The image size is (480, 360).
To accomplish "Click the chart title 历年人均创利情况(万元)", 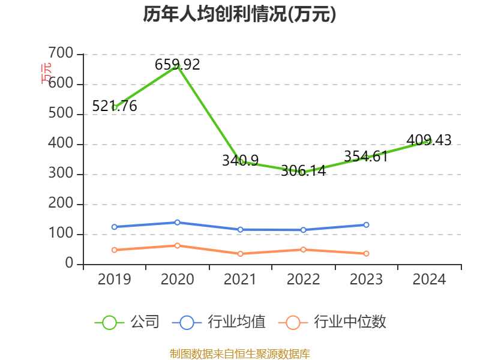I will point(239,14).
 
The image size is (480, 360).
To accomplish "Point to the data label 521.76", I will point(115,106).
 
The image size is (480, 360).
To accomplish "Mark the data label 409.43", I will point(429,140).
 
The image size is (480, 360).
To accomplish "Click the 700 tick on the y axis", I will point(62,55).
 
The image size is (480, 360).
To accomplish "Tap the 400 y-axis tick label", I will point(62,145).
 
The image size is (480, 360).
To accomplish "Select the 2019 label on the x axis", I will point(114,280).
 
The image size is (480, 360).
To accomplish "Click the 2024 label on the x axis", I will point(429,280).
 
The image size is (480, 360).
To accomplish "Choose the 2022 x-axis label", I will point(303,280).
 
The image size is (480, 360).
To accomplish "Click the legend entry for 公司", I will point(128,322).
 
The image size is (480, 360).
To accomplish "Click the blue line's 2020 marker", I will point(177,223).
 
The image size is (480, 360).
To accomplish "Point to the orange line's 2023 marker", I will point(366,254).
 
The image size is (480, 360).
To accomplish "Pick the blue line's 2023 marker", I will point(366,225).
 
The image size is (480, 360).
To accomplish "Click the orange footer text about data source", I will point(239,353).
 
